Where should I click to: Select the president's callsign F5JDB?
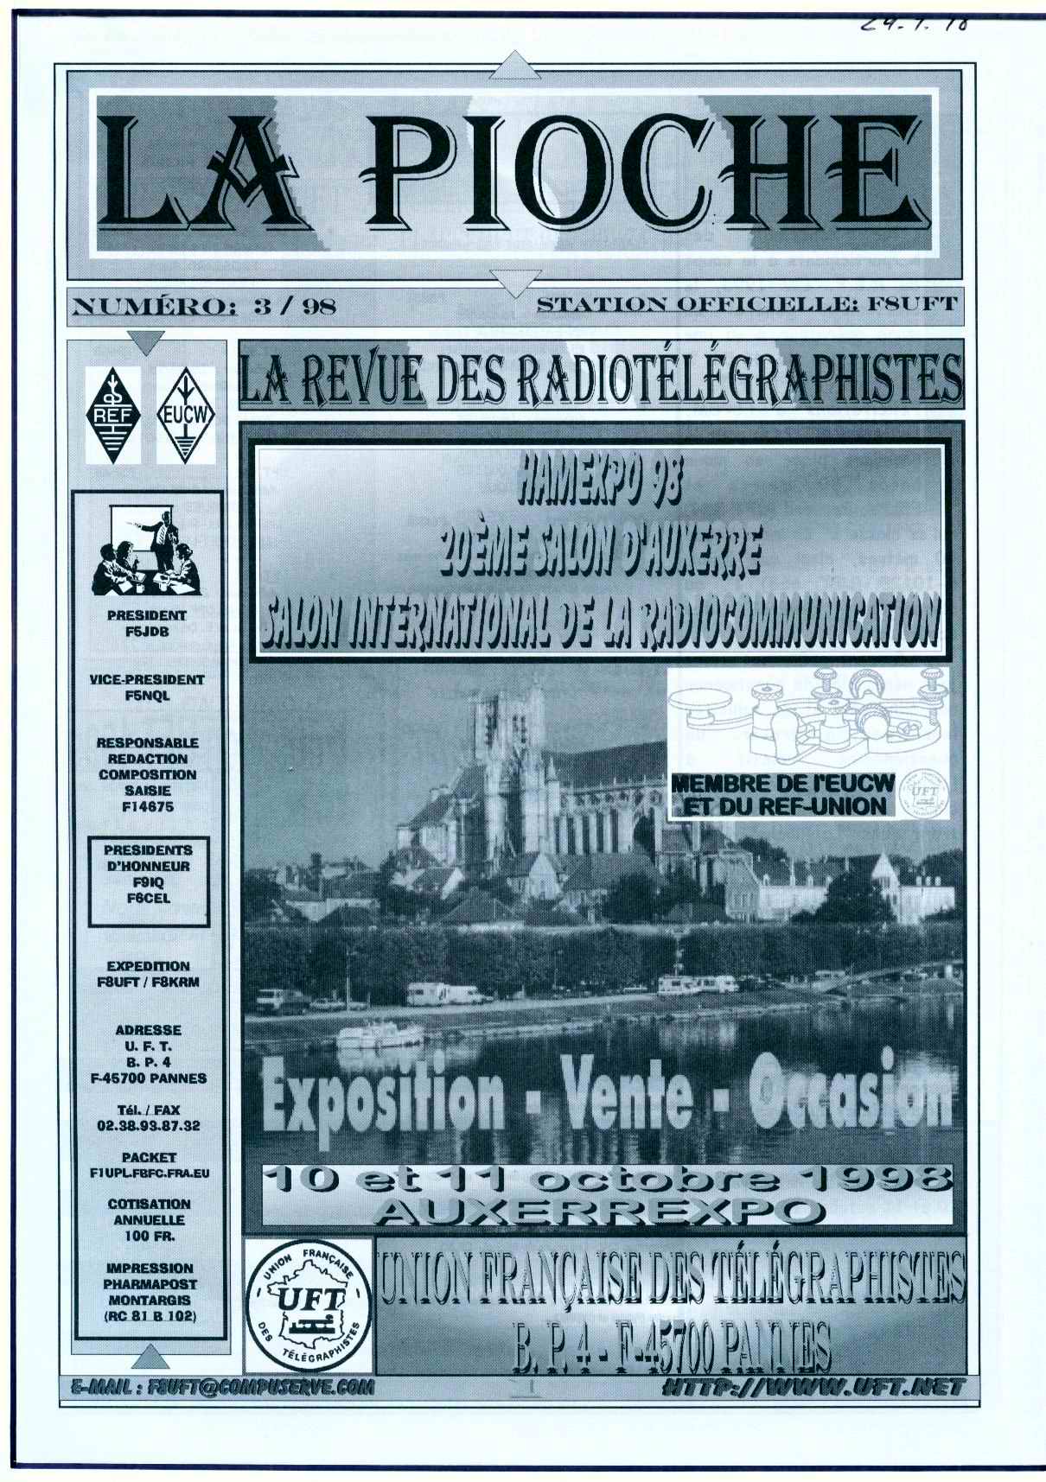[147, 631]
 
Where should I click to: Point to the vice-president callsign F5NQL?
[147, 695]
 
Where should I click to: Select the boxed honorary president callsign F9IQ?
[148, 881]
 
